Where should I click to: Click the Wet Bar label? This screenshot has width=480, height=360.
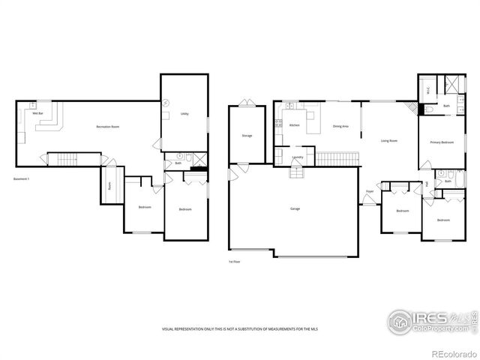(x=35, y=112)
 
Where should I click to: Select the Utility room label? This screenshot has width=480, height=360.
(x=184, y=114)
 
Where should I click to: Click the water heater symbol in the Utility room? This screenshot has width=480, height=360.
(x=166, y=103)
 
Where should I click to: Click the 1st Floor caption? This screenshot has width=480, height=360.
(x=235, y=262)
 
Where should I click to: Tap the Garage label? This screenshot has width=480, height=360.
(x=295, y=208)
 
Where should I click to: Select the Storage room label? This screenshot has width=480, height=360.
(x=247, y=136)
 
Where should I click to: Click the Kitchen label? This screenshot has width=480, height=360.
(x=294, y=125)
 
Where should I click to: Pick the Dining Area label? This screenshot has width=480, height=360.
(x=340, y=126)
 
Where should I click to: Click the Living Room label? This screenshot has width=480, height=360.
(x=388, y=140)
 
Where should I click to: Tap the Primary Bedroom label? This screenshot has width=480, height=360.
(x=441, y=142)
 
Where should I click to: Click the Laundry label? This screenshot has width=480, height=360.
(x=298, y=157)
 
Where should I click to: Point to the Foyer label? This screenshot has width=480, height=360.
(x=370, y=192)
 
